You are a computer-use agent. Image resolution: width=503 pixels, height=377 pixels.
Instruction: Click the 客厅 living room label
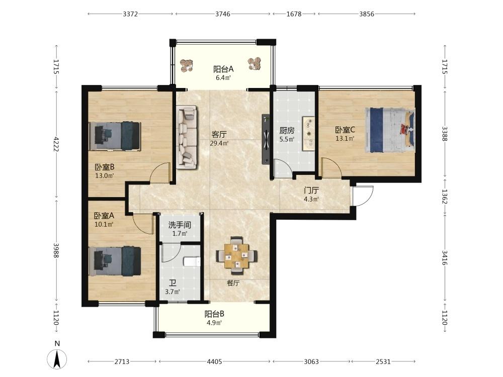click(219, 134)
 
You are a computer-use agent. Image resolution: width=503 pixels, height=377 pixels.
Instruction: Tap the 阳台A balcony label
click(223, 69)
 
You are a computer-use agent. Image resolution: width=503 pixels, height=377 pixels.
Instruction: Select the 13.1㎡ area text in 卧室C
click(345, 139)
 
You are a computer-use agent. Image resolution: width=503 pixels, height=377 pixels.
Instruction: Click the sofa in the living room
click(187, 137)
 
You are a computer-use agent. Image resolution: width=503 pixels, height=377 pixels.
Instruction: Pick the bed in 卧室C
click(390, 130)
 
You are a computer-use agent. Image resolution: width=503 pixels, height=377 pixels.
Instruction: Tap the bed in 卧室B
click(115, 136)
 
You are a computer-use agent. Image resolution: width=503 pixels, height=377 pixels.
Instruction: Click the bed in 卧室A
click(115, 261)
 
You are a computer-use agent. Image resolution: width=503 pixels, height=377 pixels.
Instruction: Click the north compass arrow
click(57, 359)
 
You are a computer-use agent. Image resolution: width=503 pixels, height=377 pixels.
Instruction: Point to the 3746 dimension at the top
click(223, 14)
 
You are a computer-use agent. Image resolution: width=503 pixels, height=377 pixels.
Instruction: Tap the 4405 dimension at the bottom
click(214, 361)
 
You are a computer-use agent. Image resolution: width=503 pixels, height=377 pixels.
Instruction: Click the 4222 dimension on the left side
click(57, 144)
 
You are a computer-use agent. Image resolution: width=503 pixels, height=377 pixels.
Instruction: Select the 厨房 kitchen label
click(287, 131)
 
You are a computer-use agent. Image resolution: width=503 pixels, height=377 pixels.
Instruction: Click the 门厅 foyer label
click(311, 191)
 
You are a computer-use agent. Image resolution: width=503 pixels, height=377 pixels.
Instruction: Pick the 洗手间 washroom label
click(180, 225)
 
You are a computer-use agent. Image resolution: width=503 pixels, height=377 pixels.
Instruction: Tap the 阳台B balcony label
click(214, 314)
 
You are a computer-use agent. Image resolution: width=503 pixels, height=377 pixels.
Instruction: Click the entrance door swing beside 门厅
click(363, 196)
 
